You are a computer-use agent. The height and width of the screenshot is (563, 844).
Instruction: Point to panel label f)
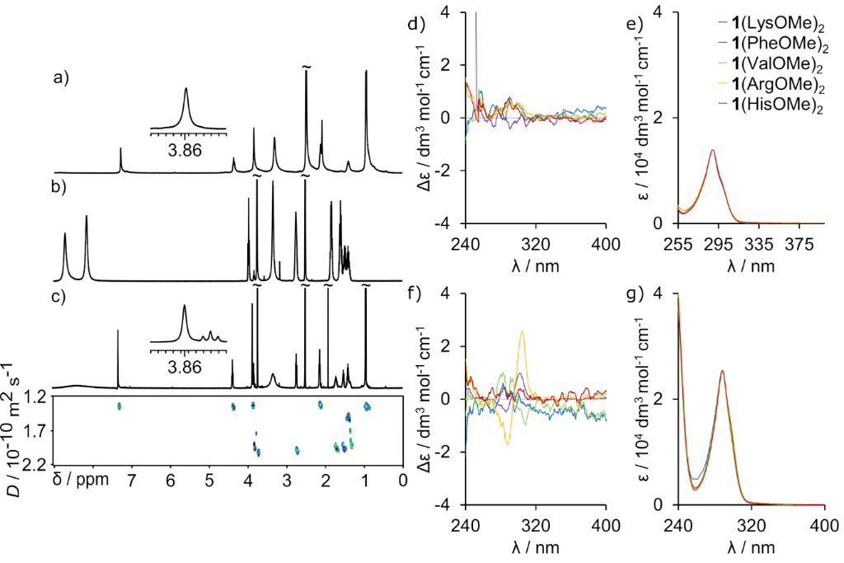(437, 290)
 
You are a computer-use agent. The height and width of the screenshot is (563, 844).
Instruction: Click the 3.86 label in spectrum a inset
(185, 151)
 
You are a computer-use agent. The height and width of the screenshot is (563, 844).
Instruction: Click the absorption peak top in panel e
(711, 150)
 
